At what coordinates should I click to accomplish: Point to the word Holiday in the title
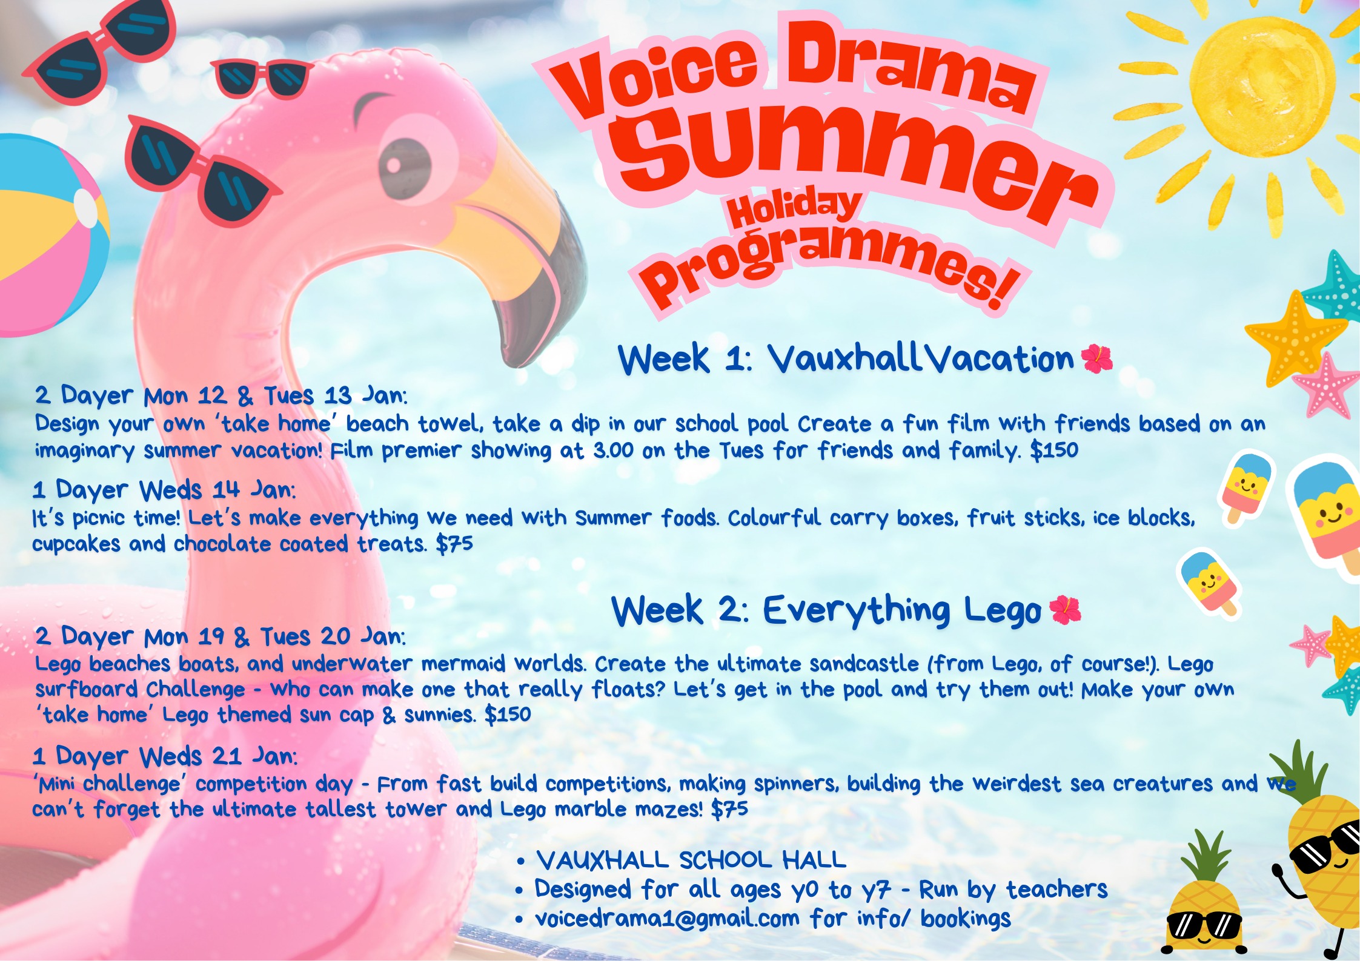[794, 208]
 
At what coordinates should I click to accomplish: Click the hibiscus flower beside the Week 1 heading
[1096, 358]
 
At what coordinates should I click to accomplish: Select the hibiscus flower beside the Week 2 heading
[1064, 609]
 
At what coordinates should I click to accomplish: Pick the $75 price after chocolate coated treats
[454, 544]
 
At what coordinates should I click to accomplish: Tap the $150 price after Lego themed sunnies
[508, 715]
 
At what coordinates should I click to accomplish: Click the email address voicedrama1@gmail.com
[667, 919]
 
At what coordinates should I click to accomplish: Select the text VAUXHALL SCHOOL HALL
[691, 860]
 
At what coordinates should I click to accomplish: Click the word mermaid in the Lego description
[463, 664]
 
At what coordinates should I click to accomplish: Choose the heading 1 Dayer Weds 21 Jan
[165, 756]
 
